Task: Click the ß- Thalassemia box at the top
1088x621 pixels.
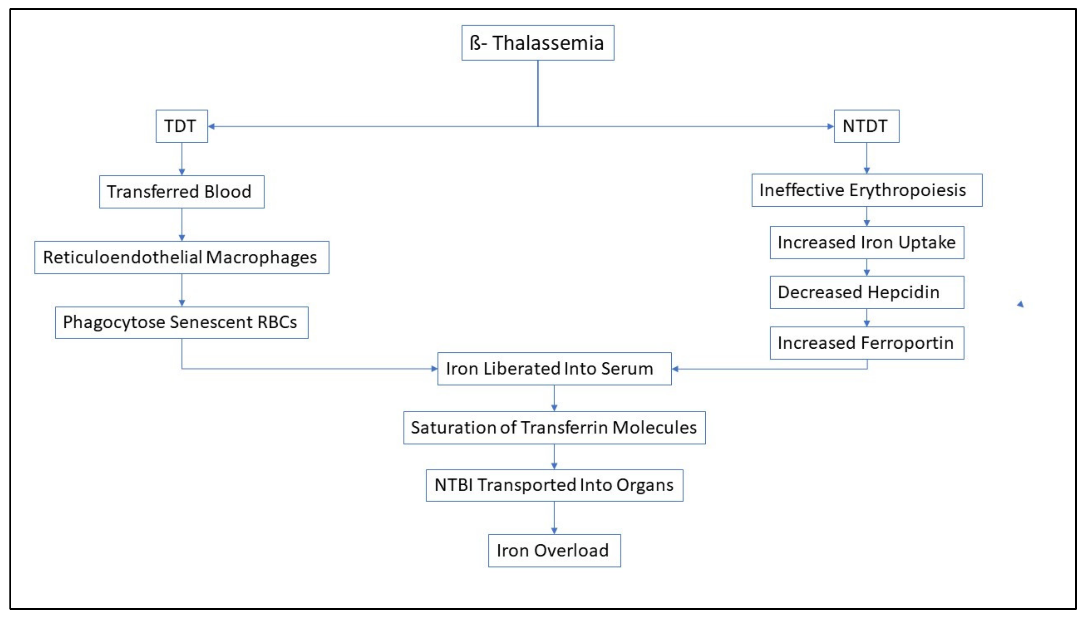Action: pyautogui.click(x=537, y=43)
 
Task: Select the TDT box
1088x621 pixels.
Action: pyautogui.click(x=181, y=126)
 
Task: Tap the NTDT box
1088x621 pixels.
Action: pyautogui.click(x=866, y=126)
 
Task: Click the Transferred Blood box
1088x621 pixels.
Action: pyautogui.click(x=181, y=192)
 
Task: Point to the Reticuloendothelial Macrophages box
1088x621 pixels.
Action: pyautogui.click(x=181, y=257)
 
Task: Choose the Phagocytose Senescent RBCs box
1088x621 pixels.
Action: pyautogui.click(x=181, y=322)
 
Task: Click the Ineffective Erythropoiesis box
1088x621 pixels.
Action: pyautogui.click(x=866, y=190)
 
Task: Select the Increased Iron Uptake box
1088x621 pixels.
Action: pyautogui.click(x=866, y=242)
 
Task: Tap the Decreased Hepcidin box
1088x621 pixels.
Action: pyautogui.click(x=866, y=292)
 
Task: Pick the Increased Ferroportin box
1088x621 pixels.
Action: pyautogui.click(x=866, y=343)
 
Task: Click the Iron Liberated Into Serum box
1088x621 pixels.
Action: pyautogui.click(x=554, y=369)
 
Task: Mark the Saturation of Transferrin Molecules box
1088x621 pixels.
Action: pyautogui.click(x=554, y=427)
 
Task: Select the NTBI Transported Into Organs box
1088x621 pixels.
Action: pyautogui.click(x=554, y=485)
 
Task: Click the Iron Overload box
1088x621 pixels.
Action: pyautogui.click(x=554, y=551)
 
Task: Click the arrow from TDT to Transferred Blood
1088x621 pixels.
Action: pyautogui.click(x=182, y=159)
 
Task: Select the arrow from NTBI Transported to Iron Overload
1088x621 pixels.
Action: pyautogui.click(x=554, y=517)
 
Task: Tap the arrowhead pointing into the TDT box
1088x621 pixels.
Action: pyautogui.click(x=211, y=126)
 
